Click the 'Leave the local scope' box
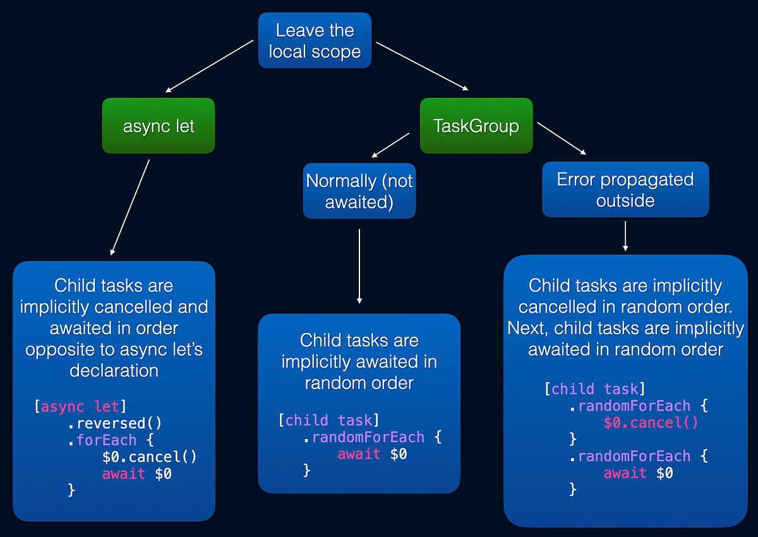(x=315, y=40)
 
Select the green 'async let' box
(x=159, y=126)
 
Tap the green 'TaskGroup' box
(x=476, y=126)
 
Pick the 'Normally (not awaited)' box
(x=359, y=191)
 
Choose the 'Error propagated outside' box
(x=625, y=190)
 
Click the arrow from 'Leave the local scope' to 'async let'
(x=210, y=66)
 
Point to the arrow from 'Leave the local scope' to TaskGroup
(x=422, y=66)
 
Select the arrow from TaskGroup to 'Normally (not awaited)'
(x=391, y=145)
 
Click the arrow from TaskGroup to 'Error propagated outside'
(x=562, y=138)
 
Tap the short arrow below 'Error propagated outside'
(x=625, y=236)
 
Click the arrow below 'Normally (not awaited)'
(x=359, y=265)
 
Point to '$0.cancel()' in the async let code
(x=149, y=456)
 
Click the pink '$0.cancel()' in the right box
(x=651, y=423)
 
